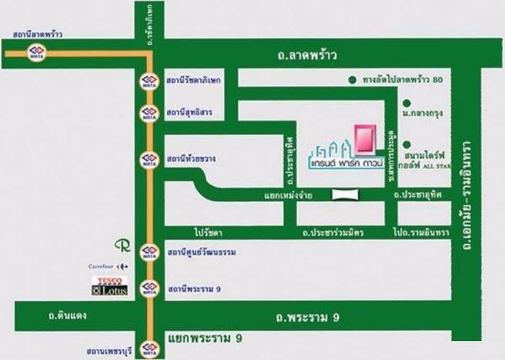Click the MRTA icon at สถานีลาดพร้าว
(37, 53)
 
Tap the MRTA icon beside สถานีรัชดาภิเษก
(149, 81)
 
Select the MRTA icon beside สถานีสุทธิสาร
(149, 113)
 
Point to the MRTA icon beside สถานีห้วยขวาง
(149, 158)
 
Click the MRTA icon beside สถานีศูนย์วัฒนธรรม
(149, 253)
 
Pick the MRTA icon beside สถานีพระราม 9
(149, 288)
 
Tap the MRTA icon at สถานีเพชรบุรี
(149, 349)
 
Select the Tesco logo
(109, 281)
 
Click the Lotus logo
(109, 290)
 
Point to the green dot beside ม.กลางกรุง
(406, 103)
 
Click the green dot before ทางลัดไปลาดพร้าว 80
(352, 81)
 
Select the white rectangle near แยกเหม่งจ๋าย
(345, 195)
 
